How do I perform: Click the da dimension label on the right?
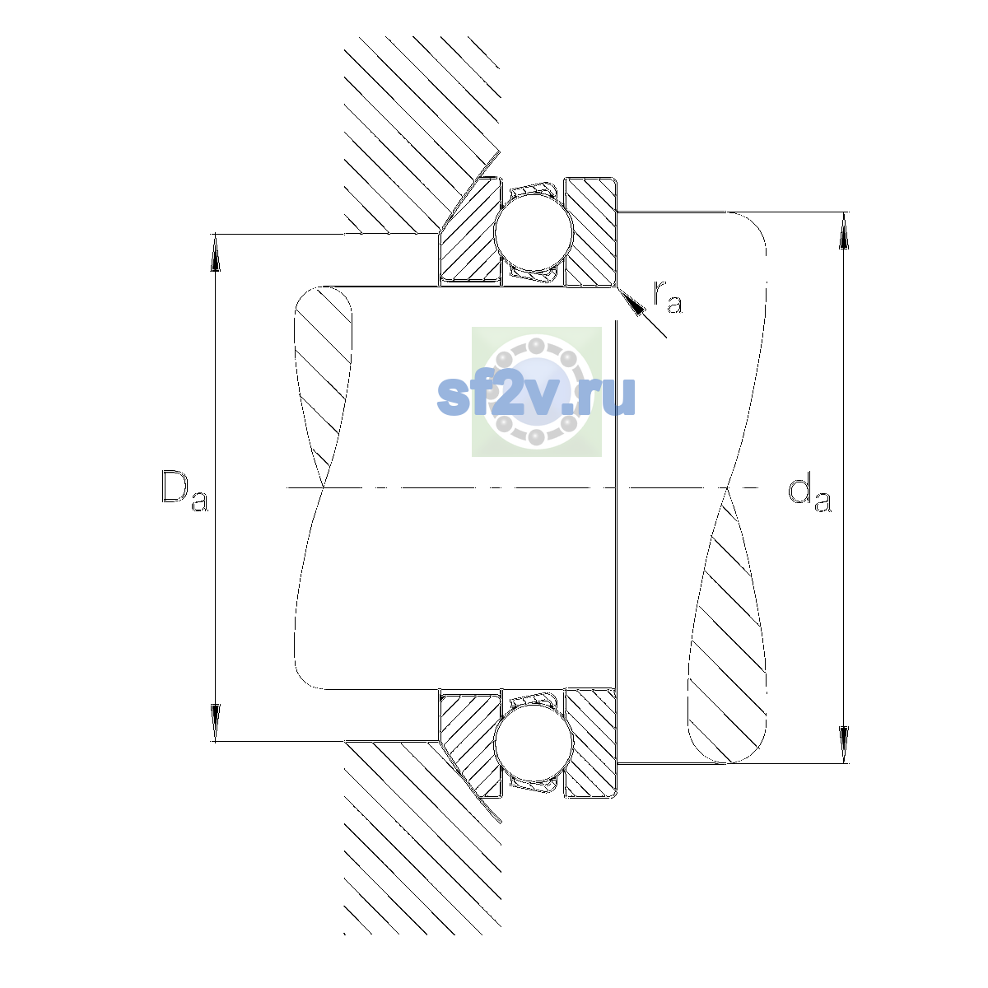[809, 494]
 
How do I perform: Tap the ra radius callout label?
[668, 297]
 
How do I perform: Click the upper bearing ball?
[534, 231]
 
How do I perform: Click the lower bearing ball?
[534, 743]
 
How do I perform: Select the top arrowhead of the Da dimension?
[216, 252]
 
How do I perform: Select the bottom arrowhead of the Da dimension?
[216, 723]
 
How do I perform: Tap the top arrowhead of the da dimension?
[843, 231]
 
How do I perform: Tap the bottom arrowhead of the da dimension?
[843, 745]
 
